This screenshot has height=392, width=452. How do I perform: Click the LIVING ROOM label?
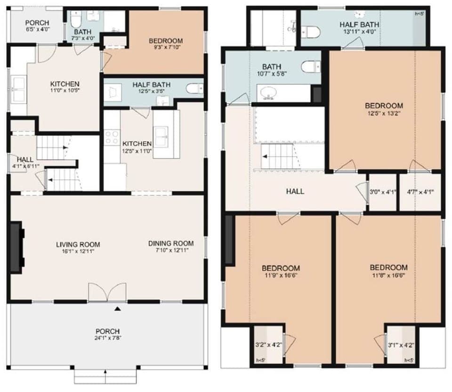pyautogui.click(x=78, y=244)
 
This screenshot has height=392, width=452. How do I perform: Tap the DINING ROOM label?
pyautogui.click(x=170, y=243)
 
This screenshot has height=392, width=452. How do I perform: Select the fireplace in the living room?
pyautogui.click(x=16, y=247)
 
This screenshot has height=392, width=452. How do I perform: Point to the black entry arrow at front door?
pyautogui.click(x=118, y=309)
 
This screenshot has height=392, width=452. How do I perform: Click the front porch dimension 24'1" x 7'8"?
pyautogui.click(x=107, y=338)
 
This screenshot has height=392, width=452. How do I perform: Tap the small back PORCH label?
pyautogui.click(x=37, y=22)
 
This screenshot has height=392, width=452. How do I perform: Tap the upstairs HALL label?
pyautogui.click(x=295, y=192)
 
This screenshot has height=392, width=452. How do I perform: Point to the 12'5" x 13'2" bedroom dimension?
pyautogui.click(x=384, y=113)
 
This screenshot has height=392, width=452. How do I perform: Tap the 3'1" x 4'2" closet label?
pyautogui.click(x=400, y=344)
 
